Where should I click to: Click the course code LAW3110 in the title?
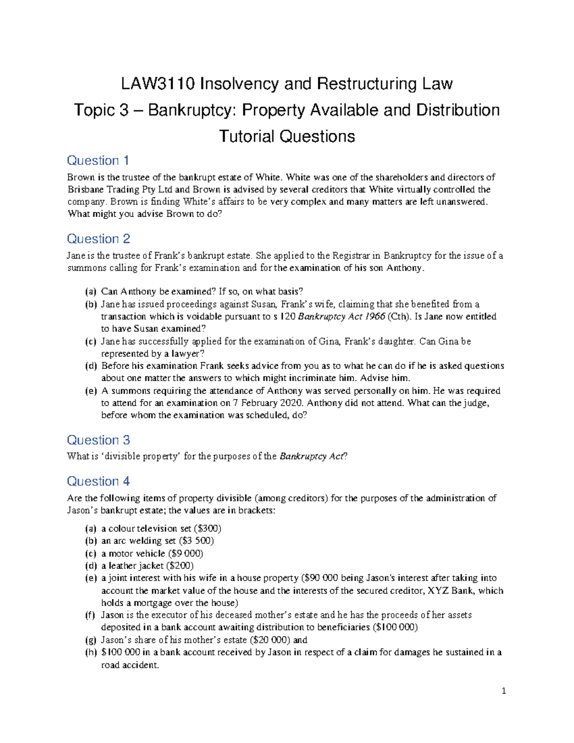(x=158, y=84)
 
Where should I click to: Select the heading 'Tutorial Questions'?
(x=287, y=137)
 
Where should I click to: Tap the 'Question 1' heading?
(x=98, y=160)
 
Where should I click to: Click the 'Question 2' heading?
(x=98, y=239)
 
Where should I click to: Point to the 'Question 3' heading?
(x=98, y=440)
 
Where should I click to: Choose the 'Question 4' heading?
(x=98, y=481)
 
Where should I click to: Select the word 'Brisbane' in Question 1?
(x=85, y=189)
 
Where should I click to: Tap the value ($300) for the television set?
(x=207, y=529)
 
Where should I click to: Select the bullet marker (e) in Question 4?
(x=91, y=578)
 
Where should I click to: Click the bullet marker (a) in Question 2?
(x=91, y=292)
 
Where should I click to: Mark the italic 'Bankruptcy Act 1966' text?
(x=341, y=317)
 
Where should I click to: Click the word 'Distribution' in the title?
(x=458, y=111)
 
